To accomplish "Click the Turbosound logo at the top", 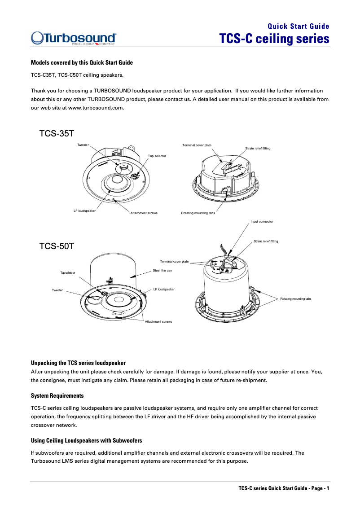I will (74, 39).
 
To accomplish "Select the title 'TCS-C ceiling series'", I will (274, 39).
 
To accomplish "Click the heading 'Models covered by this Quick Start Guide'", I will (81, 62).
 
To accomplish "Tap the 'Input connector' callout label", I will (262, 221).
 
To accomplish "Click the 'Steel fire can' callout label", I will (162, 271).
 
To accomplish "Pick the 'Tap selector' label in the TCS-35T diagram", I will (157, 156).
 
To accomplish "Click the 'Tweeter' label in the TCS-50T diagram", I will (57, 290).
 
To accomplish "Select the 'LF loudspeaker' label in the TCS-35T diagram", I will (84, 211).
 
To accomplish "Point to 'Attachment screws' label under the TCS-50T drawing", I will (158, 321).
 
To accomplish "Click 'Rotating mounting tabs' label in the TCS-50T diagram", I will (295, 298).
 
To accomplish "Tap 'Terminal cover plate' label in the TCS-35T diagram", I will (197, 145).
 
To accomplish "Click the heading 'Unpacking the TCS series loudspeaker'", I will (78, 362).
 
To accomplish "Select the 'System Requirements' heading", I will (57, 396).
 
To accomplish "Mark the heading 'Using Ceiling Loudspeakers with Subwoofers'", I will (86, 440).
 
